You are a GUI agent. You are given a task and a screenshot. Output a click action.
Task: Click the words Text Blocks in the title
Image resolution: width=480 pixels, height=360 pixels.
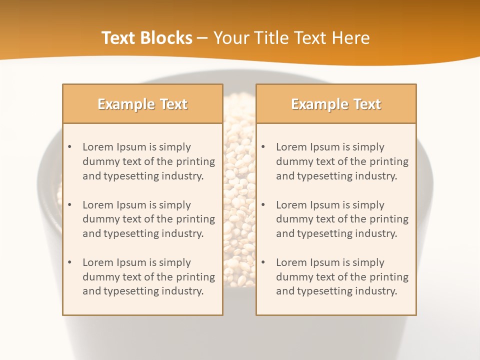click(147, 38)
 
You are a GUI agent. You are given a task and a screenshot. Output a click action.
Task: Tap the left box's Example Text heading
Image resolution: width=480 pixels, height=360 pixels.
click(142, 104)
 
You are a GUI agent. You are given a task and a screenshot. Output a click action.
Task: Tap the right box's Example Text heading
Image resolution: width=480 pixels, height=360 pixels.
click(336, 104)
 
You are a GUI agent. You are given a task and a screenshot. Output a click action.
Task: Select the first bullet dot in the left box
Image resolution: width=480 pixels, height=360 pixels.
click(69, 147)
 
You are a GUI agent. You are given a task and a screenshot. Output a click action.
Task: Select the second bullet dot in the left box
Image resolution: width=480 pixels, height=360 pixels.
click(69, 205)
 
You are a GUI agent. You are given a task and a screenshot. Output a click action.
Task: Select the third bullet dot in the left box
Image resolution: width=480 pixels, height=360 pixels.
click(69, 262)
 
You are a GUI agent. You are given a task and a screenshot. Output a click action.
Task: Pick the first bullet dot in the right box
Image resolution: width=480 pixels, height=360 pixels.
click(263, 147)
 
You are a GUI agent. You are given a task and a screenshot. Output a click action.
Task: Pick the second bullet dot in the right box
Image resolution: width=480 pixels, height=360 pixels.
click(263, 205)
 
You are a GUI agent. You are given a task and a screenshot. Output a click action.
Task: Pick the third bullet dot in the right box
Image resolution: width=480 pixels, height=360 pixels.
click(263, 262)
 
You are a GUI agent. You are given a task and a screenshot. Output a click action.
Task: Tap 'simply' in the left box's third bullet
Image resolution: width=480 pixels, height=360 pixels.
click(174, 262)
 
